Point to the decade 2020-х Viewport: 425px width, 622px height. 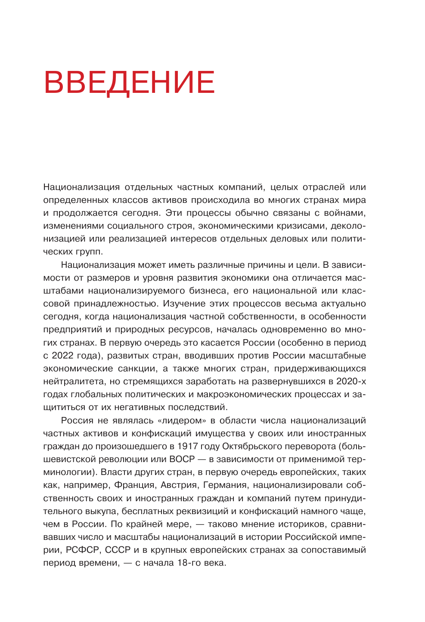coord(351,381)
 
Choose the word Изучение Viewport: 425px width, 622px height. coord(183,303)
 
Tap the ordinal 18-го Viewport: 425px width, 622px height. coord(190,563)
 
